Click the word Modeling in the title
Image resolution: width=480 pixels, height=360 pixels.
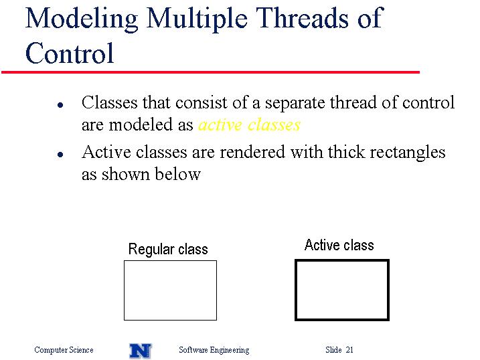(x=82, y=19)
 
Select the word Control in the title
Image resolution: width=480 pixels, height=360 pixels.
(x=70, y=53)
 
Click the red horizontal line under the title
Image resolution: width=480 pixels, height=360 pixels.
(x=210, y=72)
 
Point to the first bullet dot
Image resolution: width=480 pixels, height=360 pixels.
(x=60, y=105)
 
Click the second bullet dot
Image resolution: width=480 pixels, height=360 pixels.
(x=60, y=155)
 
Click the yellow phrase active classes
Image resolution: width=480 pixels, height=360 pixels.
(x=249, y=125)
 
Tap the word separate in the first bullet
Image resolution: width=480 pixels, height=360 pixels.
(x=295, y=103)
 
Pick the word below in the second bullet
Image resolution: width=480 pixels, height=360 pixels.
(x=177, y=174)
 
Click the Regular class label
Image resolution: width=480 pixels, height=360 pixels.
(x=168, y=250)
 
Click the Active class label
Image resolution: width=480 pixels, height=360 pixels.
(x=339, y=246)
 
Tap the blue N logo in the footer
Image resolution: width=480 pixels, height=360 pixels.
(x=141, y=351)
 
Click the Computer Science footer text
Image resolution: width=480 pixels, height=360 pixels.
(x=64, y=350)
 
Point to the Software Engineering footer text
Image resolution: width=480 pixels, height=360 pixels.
(x=214, y=350)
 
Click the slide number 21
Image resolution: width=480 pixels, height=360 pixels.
(x=349, y=350)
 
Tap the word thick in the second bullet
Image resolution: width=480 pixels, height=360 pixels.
(x=347, y=152)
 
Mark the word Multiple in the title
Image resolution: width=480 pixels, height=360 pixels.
(x=197, y=19)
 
